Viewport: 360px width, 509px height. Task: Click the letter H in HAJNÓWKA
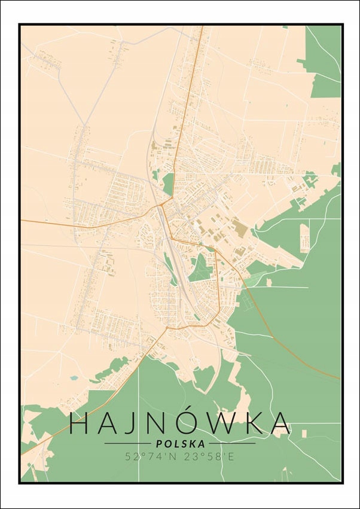pos(80,423)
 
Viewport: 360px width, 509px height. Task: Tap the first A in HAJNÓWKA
pos(111,423)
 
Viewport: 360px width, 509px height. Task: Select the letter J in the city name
pos(137,423)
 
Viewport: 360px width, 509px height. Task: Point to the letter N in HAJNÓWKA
pos(164,423)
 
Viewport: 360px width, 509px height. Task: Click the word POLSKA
pos(180,444)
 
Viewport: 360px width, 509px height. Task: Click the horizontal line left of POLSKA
pos(127,444)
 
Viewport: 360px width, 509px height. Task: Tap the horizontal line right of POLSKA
pos(233,444)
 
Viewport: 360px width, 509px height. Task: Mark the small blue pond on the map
pos(74,378)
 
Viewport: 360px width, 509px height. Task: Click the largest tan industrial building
pos(240,228)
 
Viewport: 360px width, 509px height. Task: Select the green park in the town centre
pos(200,267)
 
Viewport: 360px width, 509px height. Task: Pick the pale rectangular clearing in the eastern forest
pos(304,238)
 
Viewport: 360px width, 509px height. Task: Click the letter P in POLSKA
pos(158,444)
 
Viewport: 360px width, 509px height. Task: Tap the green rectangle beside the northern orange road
pos(168,182)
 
